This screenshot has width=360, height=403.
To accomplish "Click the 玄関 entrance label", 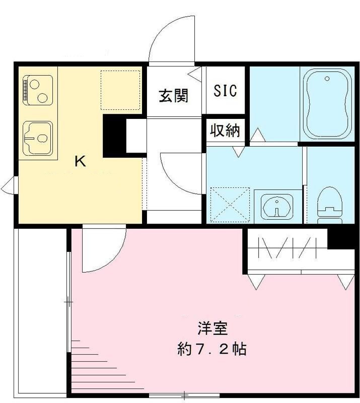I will [174, 95].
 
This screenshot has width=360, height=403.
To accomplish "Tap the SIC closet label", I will [225, 91].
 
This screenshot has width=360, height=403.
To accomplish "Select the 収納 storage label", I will [225, 130].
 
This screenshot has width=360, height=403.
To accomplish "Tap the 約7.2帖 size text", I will [212, 349].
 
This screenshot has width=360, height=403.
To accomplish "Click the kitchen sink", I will [38, 138].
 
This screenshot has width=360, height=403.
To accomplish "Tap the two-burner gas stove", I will [37, 90].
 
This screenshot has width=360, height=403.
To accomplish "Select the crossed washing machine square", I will [230, 205].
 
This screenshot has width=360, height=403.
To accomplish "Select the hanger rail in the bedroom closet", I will [287, 249].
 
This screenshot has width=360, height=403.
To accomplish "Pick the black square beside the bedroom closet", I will [340, 238].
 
